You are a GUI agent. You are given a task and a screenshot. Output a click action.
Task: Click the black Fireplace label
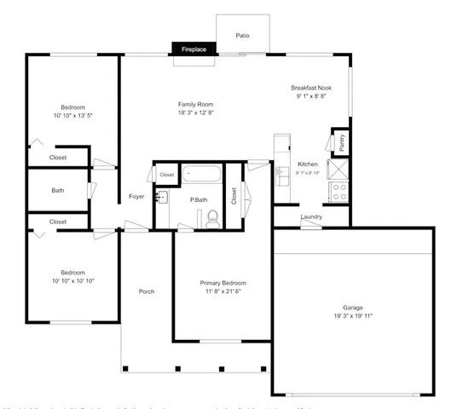193,50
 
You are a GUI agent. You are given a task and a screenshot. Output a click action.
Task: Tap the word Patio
242,36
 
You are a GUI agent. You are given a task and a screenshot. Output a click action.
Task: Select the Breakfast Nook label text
310,88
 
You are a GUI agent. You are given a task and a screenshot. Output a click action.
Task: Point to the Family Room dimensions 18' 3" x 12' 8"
195,113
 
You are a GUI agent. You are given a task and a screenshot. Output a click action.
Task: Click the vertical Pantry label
341,142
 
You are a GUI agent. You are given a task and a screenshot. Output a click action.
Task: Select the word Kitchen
307,164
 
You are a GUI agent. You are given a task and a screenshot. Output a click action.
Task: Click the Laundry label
311,216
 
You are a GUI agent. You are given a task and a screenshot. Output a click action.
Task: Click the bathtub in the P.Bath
202,175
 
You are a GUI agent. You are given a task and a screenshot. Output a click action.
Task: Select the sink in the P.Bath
162,197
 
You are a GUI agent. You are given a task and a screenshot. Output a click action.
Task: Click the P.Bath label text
199,199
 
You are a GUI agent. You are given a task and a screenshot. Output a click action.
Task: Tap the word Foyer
136,197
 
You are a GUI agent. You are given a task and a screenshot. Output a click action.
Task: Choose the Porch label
147,291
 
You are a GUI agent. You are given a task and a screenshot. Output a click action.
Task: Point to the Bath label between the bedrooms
58,190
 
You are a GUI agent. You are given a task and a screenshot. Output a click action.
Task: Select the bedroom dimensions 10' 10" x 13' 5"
72,115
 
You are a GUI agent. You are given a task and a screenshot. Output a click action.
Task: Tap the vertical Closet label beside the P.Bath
234,196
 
